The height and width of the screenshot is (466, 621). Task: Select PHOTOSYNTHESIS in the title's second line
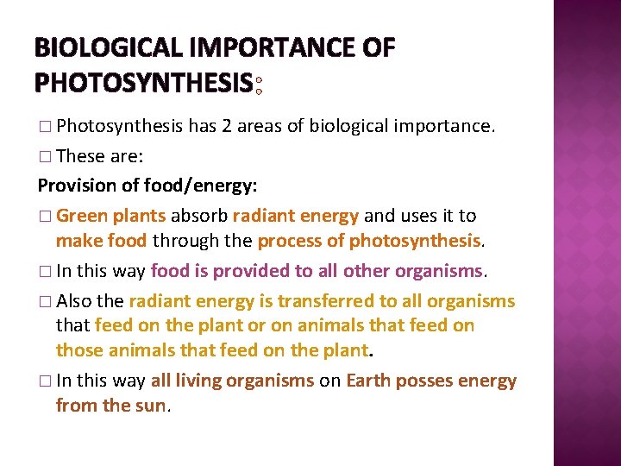click(x=142, y=83)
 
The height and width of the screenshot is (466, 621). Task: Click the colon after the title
click(x=258, y=84)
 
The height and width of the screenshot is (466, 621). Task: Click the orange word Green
click(x=82, y=215)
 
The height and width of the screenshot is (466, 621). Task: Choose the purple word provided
click(x=255, y=270)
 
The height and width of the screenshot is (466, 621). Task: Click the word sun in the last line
click(x=151, y=405)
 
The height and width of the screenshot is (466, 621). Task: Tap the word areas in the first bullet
click(x=261, y=127)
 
